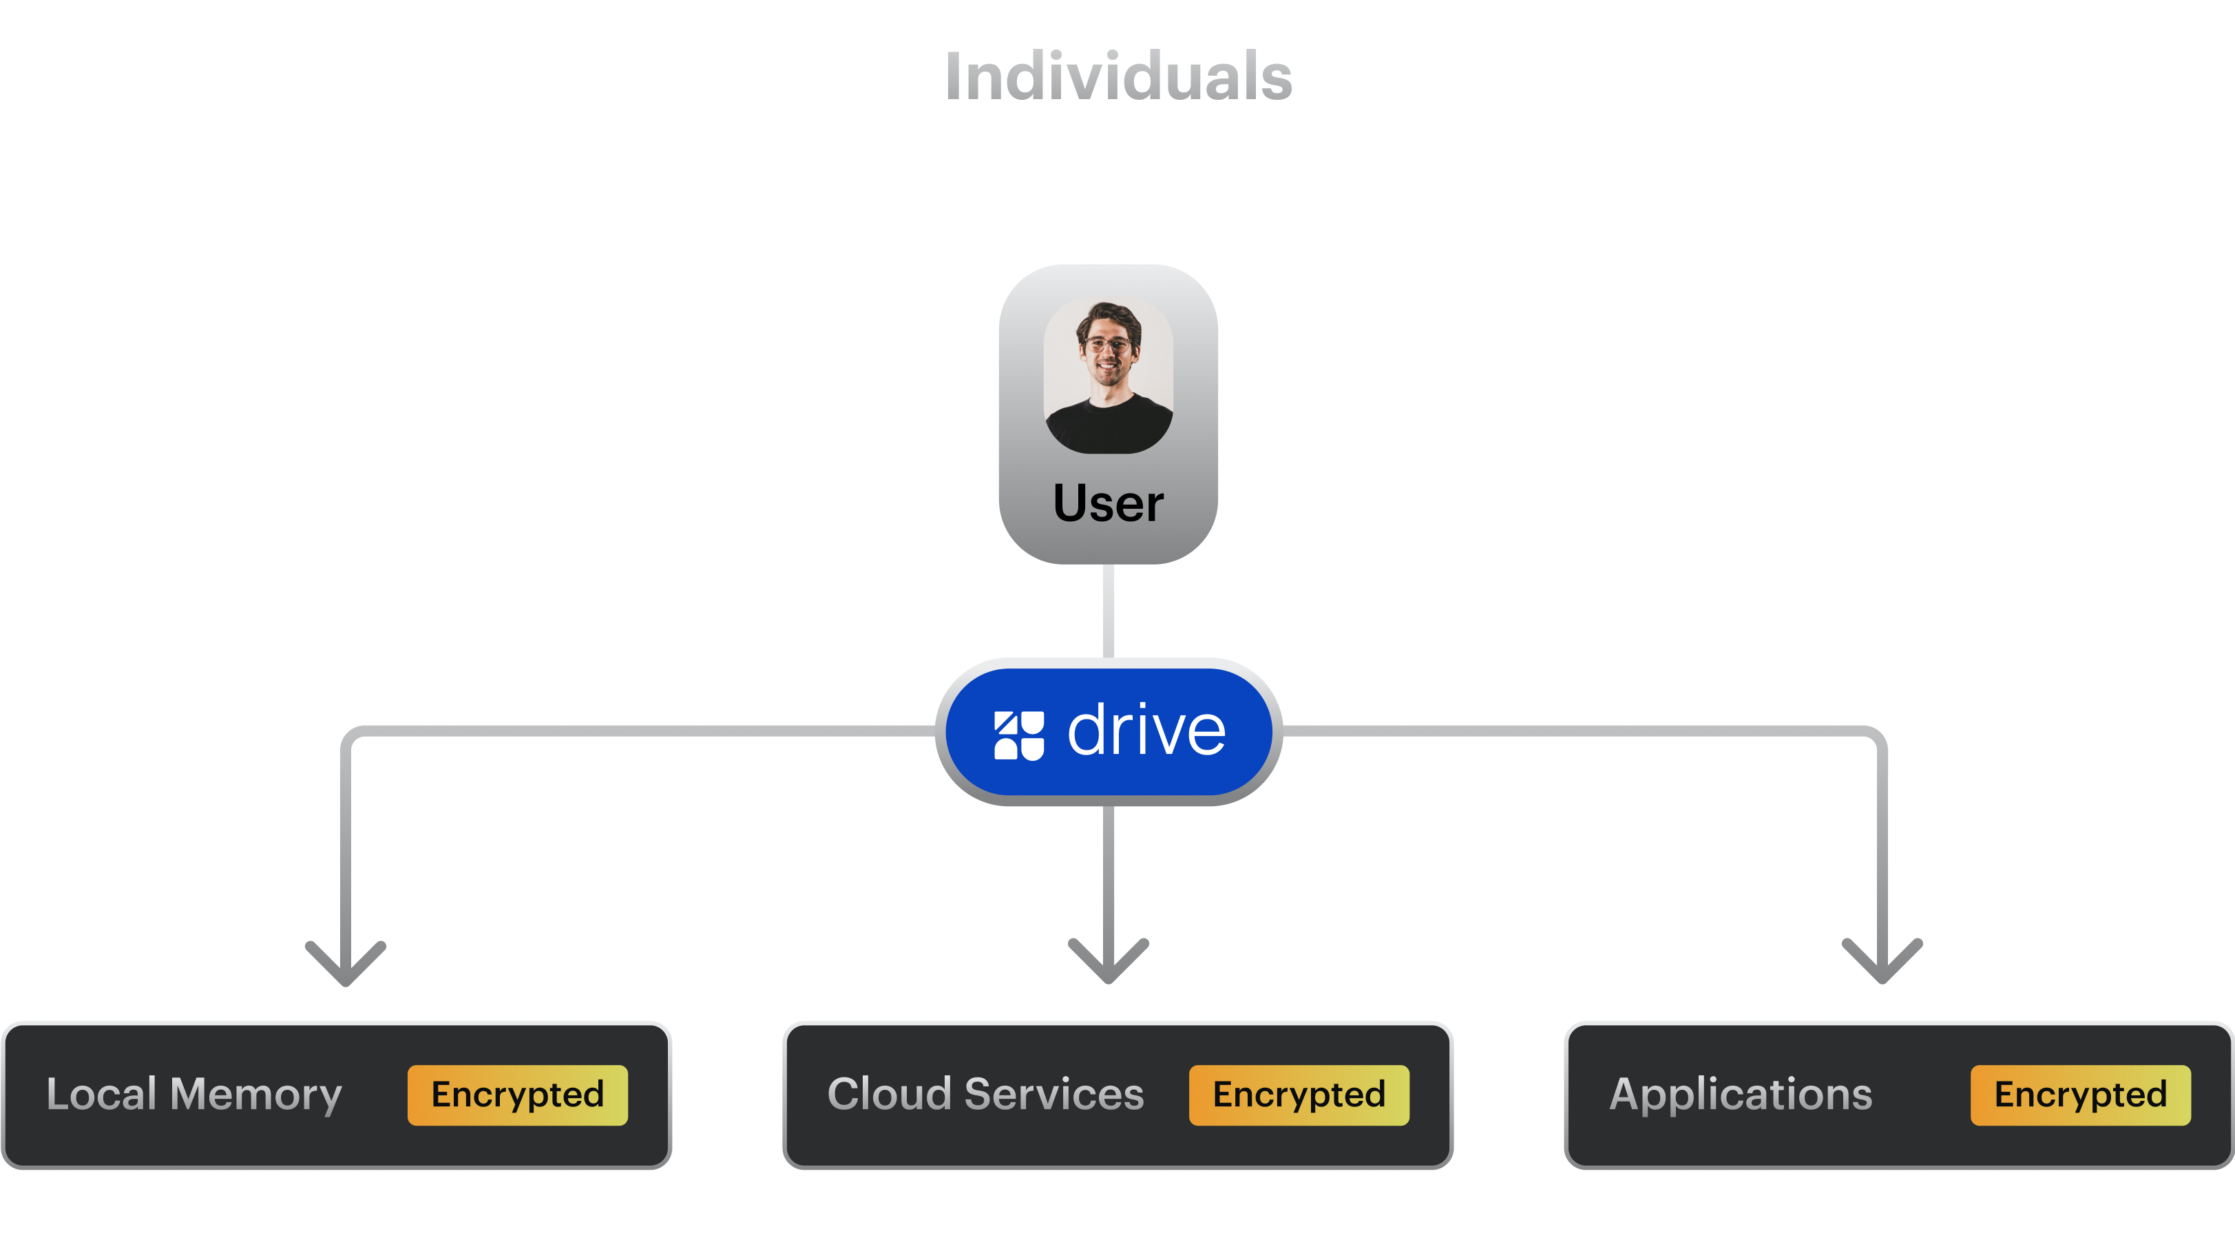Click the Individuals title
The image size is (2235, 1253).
pos(1117,76)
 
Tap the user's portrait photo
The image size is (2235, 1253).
pos(1108,375)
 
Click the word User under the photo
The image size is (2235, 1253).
pos(1108,503)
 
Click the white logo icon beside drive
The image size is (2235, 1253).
pos(1018,735)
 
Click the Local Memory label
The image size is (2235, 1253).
pos(194,1094)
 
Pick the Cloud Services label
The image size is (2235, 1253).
pos(985,1094)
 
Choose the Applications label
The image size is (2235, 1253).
pos(1741,1094)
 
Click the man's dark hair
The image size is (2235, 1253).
pos(1108,313)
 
